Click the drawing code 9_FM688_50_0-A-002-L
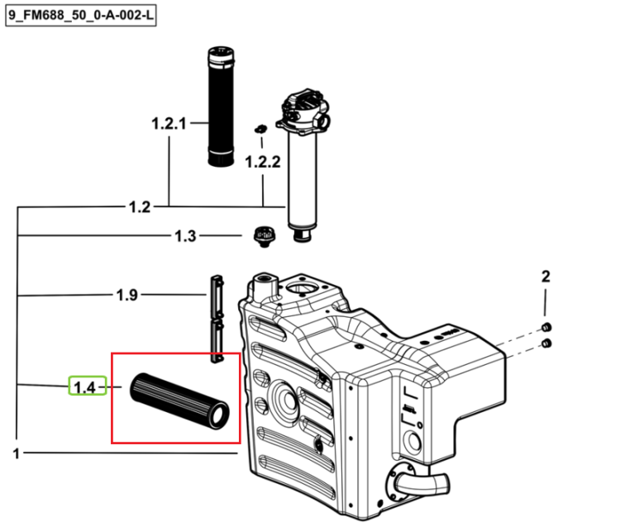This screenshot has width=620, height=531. (81, 16)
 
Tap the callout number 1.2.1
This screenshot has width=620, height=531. (169, 124)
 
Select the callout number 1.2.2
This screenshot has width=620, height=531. (263, 162)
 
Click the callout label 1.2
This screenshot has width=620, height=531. (140, 207)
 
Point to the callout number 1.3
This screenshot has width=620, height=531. (185, 236)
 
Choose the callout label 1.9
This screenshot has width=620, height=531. (127, 295)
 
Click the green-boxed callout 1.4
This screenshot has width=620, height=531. (88, 386)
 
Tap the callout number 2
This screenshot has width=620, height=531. (546, 276)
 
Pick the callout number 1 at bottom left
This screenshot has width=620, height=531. (17, 453)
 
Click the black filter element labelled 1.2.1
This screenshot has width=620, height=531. (221, 107)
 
